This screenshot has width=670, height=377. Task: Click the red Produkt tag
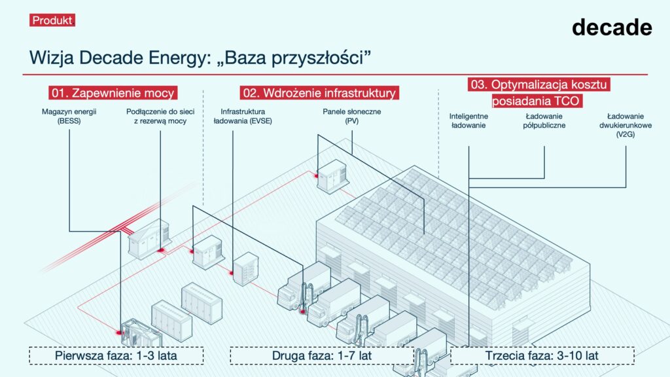[x=52, y=20]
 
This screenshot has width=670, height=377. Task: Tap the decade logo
[x=611, y=27]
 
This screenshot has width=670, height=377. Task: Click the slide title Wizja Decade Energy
[x=200, y=58]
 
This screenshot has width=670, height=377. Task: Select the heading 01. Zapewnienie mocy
[x=113, y=93]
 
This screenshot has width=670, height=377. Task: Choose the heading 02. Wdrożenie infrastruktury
[x=319, y=93]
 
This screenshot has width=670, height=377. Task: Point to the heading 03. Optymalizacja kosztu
[x=540, y=85]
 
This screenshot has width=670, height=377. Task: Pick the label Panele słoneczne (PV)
[x=351, y=116]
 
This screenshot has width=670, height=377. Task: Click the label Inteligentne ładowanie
[x=468, y=120]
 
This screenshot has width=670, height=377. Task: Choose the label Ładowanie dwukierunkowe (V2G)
[x=626, y=125]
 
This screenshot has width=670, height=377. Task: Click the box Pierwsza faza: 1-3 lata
[x=116, y=356]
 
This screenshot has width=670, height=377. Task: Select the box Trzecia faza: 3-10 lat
[x=542, y=356]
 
